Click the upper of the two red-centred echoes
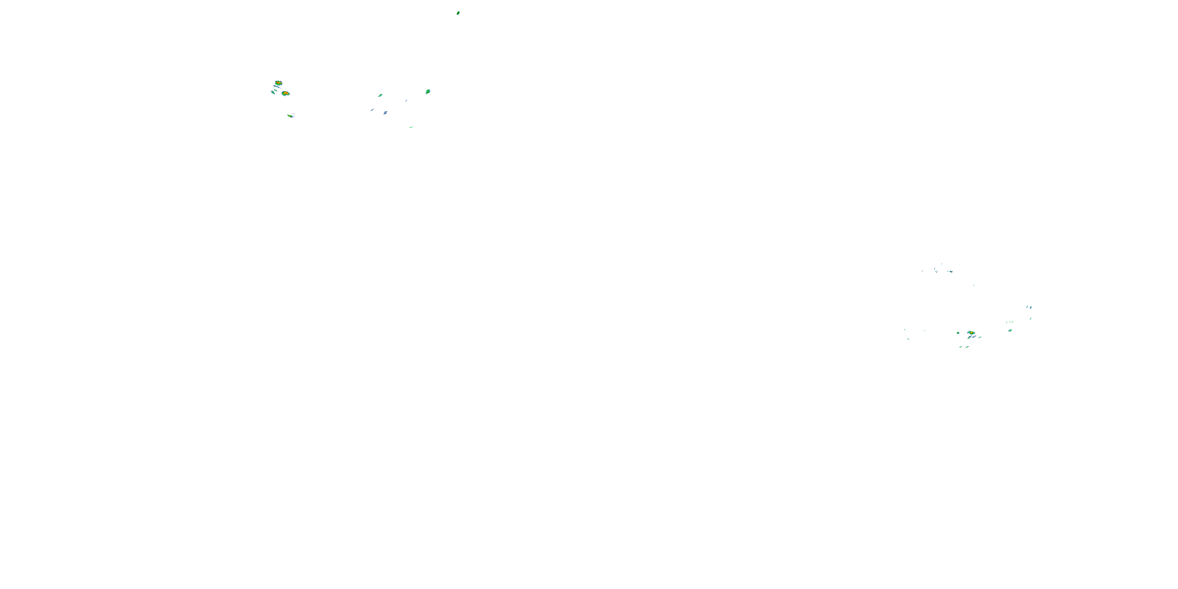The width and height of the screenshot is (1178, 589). tap(278, 83)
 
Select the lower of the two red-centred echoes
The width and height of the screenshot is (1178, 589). tap(285, 93)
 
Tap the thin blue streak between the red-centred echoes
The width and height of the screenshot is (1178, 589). tap(277, 87)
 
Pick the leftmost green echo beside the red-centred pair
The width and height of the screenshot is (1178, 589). tap(273, 92)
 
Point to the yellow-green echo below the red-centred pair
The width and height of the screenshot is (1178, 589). tap(290, 116)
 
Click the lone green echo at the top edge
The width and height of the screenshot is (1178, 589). tap(458, 13)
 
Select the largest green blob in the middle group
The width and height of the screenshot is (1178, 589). tap(428, 91)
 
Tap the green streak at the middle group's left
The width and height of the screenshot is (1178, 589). tap(380, 95)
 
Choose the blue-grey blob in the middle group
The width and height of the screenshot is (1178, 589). tap(386, 112)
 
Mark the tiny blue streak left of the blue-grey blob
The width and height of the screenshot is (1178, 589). tap(372, 110)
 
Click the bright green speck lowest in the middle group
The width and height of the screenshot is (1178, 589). tap(411, 127)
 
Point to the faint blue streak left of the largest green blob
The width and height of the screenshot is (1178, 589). tap(406, 101)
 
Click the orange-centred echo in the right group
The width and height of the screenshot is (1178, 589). tap(971, 333)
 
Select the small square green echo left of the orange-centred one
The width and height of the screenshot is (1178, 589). tap(958, 333)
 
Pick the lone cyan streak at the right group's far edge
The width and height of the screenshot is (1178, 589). tap(1030, 318)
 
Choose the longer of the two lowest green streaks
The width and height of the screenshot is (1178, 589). tap(967, 347)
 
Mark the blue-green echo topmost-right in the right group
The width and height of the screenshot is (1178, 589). tap(1029, 307)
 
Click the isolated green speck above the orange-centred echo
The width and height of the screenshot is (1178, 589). tap(973, 285)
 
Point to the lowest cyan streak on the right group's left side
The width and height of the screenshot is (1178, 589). tap(908, 338)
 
